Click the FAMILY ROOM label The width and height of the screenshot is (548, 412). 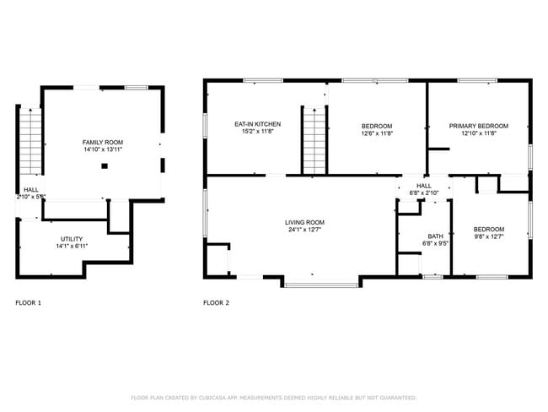click(103, 142)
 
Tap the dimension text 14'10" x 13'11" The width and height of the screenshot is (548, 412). click(103, 149)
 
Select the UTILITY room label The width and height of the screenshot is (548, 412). click(72, 240)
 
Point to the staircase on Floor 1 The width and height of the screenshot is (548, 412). click(30, 142)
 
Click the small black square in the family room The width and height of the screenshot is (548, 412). click(104, 166)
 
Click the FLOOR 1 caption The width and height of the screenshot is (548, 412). click(28, 302)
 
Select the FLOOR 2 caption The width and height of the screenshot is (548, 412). click(216, 302)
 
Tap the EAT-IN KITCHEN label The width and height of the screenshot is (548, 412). click(257, 124)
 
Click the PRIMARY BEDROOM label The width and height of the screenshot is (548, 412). click(478, 125)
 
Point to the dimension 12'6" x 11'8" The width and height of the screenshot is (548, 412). click(377, 133)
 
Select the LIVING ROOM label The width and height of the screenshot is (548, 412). click(304, 221)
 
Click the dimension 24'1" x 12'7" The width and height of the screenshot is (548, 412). click(304, 229)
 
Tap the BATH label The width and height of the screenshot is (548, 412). click(435, 236)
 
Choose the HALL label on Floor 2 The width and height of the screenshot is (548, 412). click(423, 185)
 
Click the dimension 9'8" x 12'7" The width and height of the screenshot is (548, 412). click(488, 237)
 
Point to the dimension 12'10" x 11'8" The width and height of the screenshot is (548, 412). click(478, 133)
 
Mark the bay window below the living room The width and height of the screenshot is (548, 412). click(320, 284)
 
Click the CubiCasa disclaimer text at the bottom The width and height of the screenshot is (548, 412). click(273, 397)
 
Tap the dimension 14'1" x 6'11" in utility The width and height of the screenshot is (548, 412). click(72, 247)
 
